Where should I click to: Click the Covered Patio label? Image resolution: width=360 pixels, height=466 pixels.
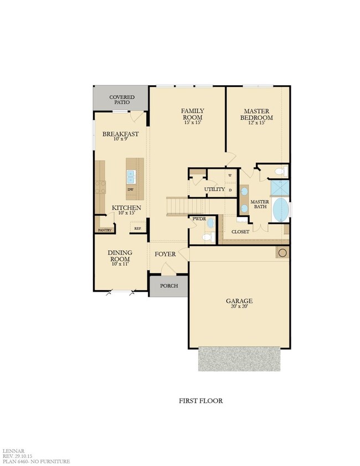121,100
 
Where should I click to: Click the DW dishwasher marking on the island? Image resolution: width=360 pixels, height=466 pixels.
131,189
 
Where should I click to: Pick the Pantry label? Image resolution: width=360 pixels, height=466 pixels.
105,230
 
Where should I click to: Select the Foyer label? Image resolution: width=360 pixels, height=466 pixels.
165,254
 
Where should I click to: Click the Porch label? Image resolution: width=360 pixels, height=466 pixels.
168,286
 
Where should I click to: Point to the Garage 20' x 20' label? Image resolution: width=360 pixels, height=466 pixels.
239,304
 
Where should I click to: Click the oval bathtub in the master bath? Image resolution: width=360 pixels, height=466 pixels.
281,210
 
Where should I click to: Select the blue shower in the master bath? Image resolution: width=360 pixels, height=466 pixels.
279,187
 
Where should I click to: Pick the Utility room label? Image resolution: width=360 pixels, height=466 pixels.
214,189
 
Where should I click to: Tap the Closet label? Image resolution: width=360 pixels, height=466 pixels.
240,232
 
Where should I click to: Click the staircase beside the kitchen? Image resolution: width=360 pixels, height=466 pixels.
178,206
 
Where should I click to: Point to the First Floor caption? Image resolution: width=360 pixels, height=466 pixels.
201,401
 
